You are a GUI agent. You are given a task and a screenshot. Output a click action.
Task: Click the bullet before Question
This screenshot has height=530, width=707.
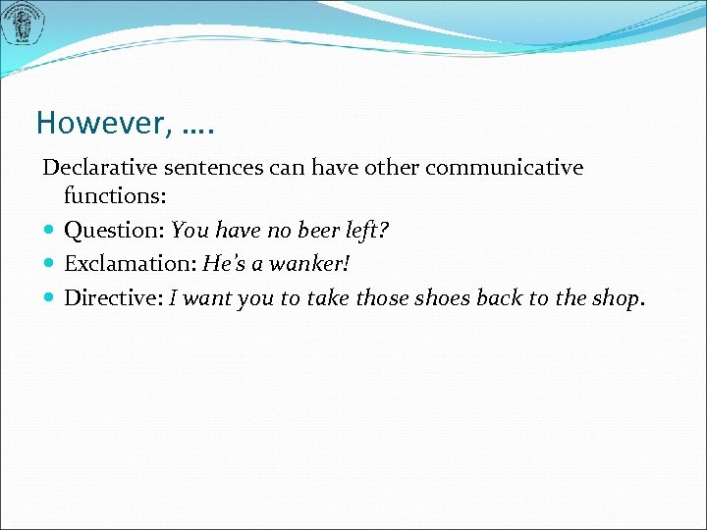[50, 232]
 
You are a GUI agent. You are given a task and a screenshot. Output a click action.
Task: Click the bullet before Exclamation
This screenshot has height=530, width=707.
[50, 265]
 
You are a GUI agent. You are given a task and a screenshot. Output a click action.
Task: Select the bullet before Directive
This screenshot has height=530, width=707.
[50, 297]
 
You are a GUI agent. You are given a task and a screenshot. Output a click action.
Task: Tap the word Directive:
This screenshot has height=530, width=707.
[114, 297]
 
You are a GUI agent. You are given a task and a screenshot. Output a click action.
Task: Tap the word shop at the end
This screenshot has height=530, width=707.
[615, 298]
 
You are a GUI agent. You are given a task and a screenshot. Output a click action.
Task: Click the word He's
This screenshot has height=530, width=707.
[222, 265]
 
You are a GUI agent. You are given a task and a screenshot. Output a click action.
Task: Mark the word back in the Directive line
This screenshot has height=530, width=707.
[499, 297]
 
